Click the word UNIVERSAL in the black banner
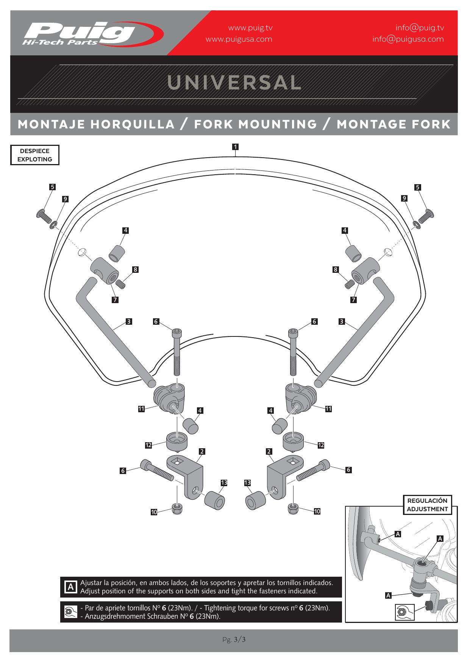point(234,82)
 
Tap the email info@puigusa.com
point(408,39)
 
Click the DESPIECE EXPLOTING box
point(35,155)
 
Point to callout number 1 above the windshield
point(235,146)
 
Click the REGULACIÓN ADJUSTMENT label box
point(427,505)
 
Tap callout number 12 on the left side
point(148,445)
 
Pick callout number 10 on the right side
point(317,511)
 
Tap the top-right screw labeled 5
point(426,215)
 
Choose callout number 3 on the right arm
point(342,322)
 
